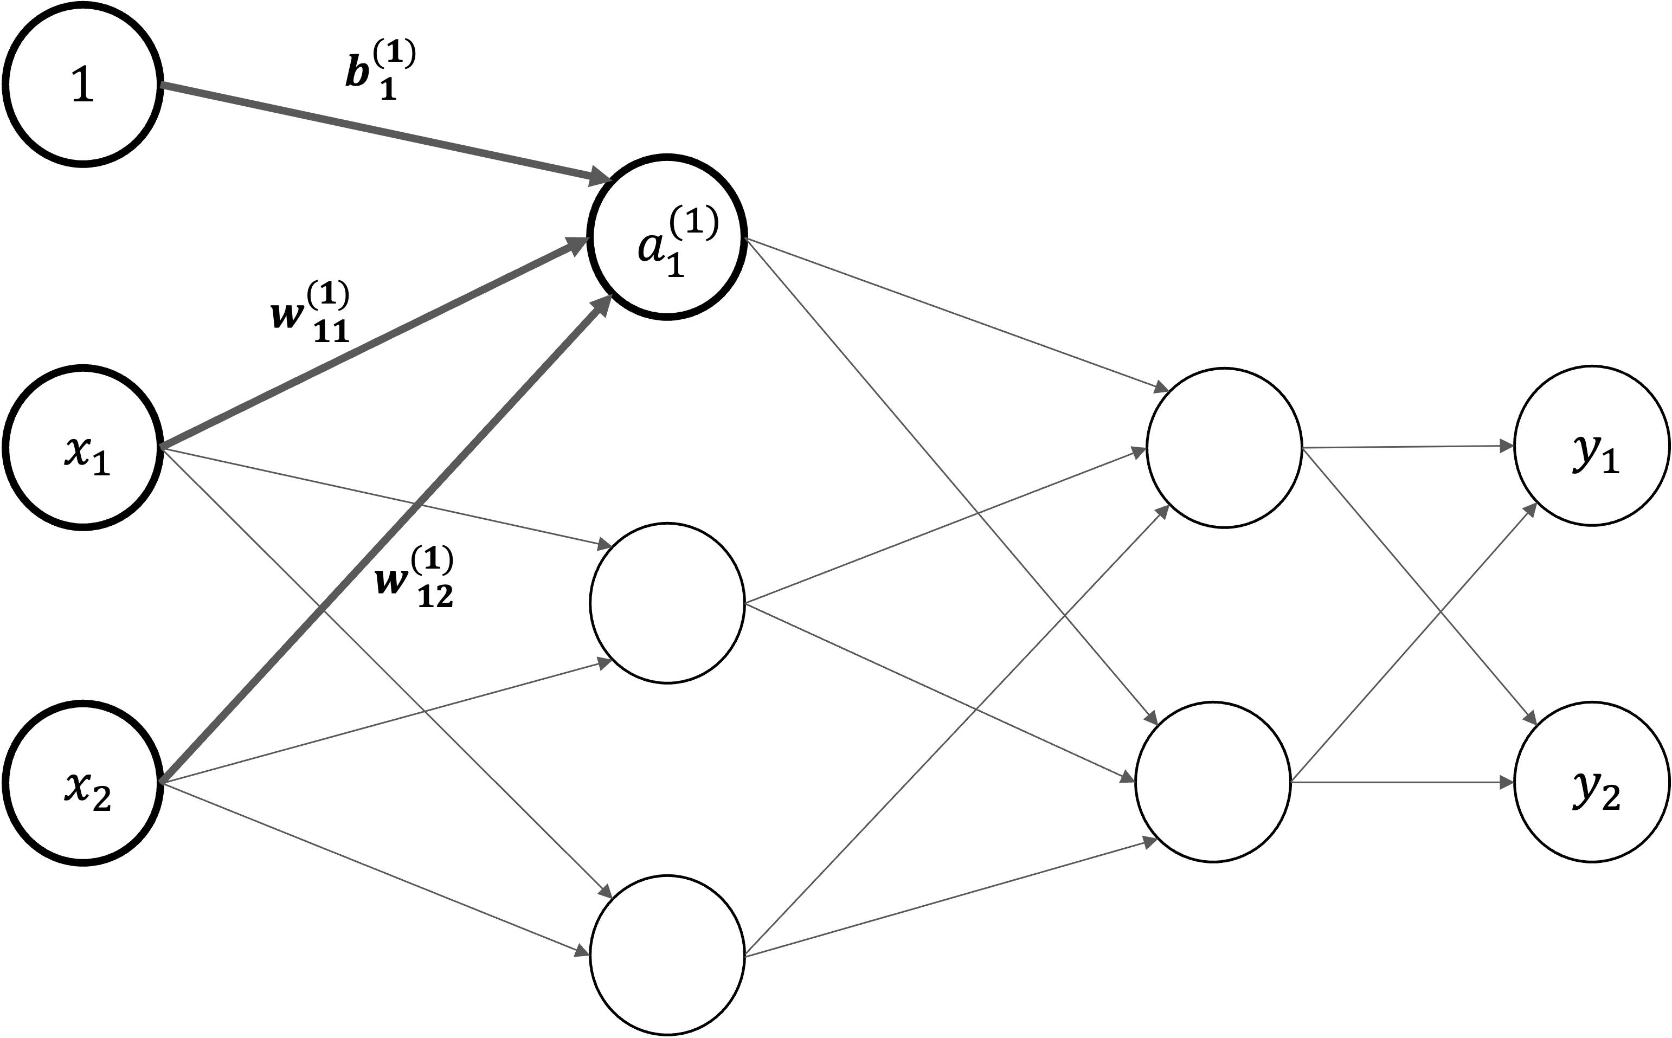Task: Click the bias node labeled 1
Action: click(82, 85)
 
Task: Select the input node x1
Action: click(82, 448)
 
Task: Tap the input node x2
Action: click(82, 783)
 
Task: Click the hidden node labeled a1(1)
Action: click(667, 237)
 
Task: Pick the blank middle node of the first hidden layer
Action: click(667, 603)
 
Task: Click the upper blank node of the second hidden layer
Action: click(1224, 448)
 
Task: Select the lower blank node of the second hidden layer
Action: click(1213, 781)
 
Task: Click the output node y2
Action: click(1592, 783)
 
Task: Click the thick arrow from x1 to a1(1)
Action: click(371, 343)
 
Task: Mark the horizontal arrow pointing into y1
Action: click(1407, 447)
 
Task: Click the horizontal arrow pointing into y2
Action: click(1401, 781)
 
